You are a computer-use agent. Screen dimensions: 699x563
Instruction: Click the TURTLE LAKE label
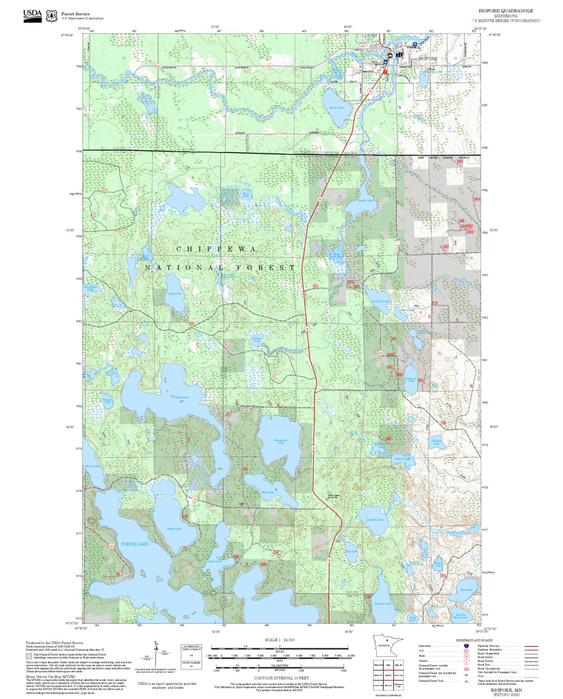click(x=134, y=544)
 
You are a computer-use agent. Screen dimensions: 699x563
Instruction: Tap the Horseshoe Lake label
click(x=281, y=441)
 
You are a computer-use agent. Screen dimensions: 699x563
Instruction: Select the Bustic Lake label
click(x=336, y=108)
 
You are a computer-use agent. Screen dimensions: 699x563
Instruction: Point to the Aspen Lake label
click(x=365, y=200)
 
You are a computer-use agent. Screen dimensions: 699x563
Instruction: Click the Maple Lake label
click(x=174, y=529)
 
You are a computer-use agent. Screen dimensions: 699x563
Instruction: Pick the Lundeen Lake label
click(x=374, y=519)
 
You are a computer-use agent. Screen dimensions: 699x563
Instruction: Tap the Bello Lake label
click(x=182, y=397)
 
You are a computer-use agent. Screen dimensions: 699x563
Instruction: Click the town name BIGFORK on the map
click(x=428, y=58)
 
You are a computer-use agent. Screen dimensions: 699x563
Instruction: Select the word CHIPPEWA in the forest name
click(x=217, y=249)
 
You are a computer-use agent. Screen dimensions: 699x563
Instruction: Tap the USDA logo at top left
click(x=32, y=16)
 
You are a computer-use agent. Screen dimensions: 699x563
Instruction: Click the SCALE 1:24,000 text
click(x=279, y=640)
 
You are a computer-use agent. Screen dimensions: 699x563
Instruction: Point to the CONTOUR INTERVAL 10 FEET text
click(x=281, y=678)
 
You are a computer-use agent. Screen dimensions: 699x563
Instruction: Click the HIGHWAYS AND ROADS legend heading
click(x=474, y=640)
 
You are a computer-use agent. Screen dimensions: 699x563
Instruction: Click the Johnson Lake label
click(x=383, y=604)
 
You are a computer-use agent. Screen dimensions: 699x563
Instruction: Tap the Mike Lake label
click(x=267, y=492)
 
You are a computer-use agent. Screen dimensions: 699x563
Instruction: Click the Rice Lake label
click(x=351, y=551)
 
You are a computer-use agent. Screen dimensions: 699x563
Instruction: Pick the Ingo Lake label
click(x=174, y=293)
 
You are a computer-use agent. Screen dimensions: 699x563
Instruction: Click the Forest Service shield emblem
click(x=51, y=16)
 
